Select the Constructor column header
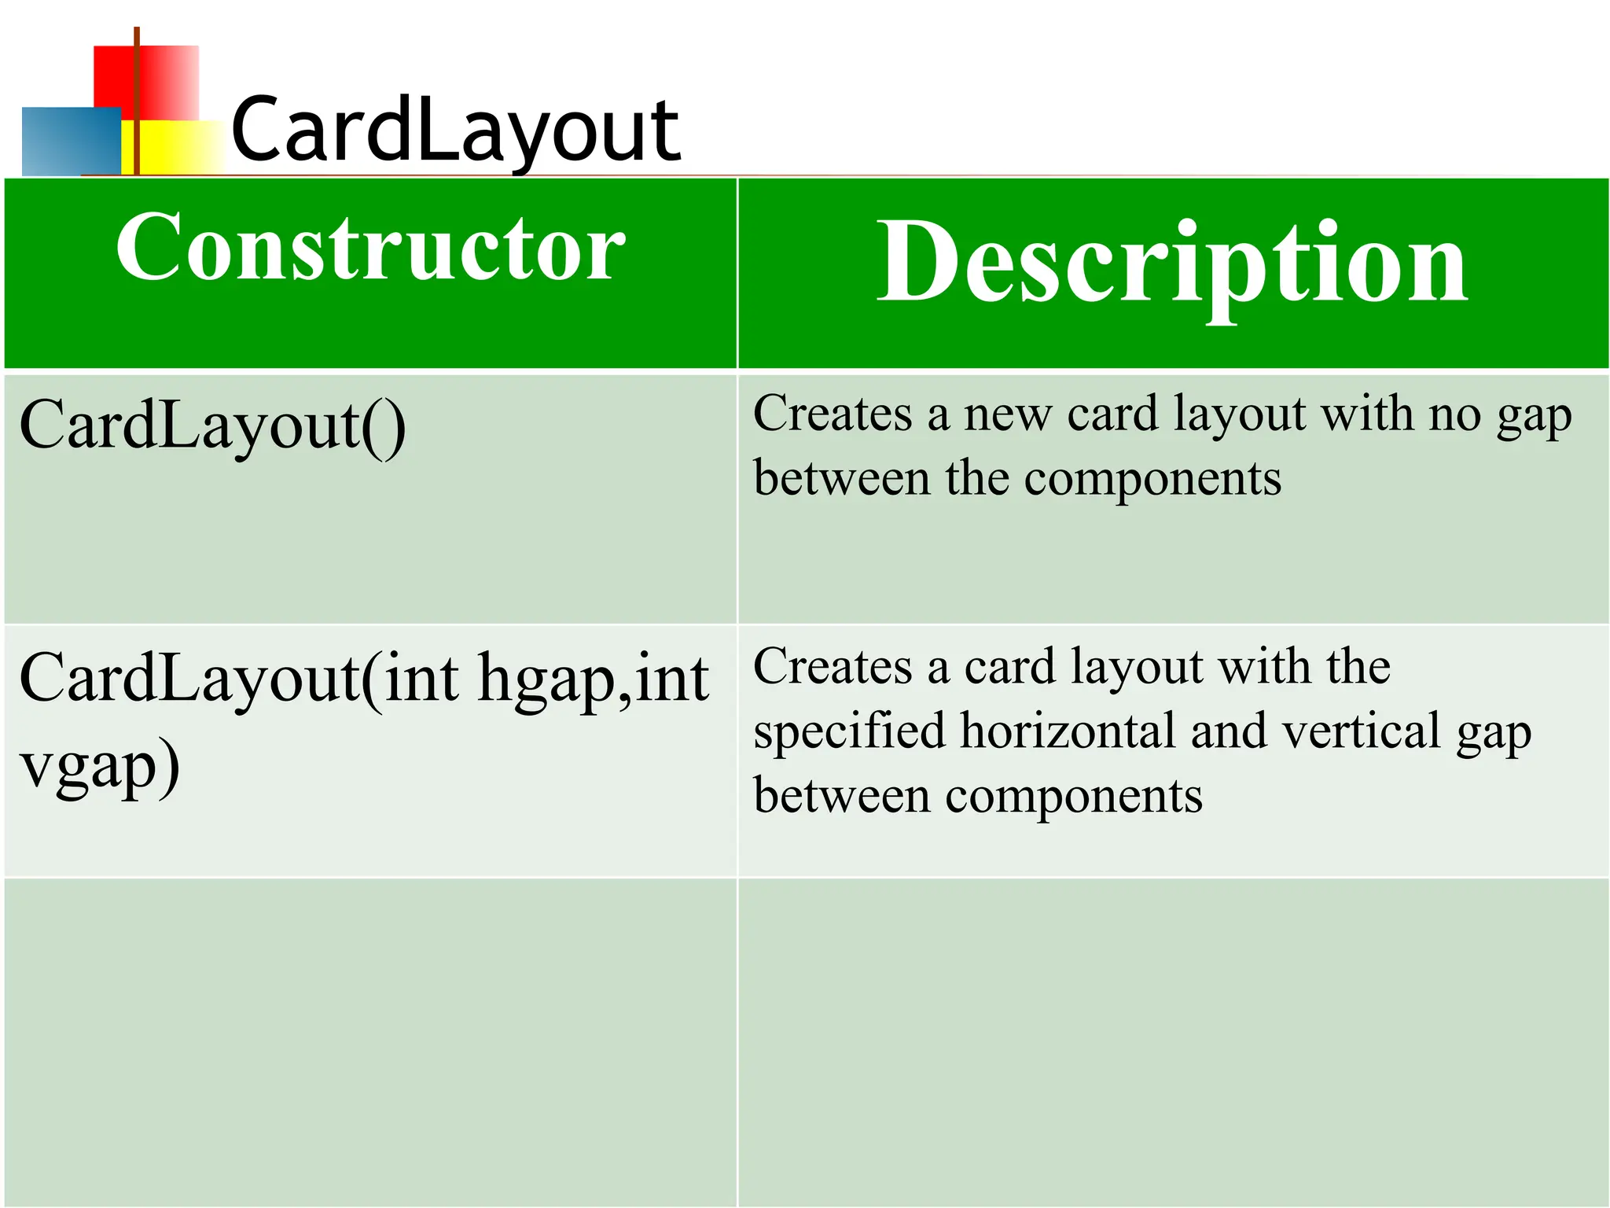tap(370, 248)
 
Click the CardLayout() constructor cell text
tap(212, 426)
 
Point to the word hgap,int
tap(594, 678)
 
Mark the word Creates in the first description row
tap(833, 414)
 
